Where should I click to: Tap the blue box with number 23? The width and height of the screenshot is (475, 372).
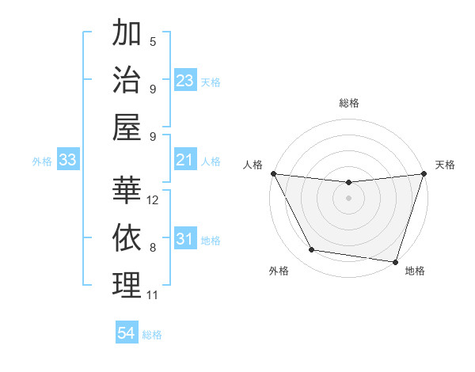click(185, 81)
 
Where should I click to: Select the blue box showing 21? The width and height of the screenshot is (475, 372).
click(185, 161)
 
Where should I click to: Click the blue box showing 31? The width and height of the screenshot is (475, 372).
click(185, 240)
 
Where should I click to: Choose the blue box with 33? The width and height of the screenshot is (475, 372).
click(68, 161)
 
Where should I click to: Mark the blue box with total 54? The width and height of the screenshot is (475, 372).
click(127, 334)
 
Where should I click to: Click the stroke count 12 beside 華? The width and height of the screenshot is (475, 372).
click(154, 200)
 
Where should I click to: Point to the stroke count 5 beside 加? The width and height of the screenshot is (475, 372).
click(153, 42)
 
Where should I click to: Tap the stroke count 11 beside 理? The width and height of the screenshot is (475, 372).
click(153, 295)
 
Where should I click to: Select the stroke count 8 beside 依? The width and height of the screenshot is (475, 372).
click(153, 248)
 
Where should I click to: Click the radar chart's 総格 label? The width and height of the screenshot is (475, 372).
click(349, 103)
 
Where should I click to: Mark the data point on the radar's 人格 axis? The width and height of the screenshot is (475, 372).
click(273, 173)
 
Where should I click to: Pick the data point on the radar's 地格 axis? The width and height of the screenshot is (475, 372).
click(396, 261)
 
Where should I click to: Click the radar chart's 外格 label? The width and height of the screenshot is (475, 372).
click(279, 271)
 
